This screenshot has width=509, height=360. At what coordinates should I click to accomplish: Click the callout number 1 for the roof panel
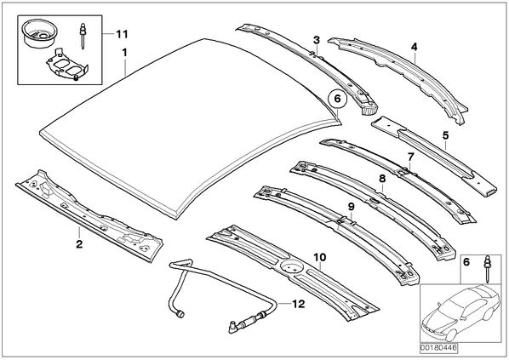124,53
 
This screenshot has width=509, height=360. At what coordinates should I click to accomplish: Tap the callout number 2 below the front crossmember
79,243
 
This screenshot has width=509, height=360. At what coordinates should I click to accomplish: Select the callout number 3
317,40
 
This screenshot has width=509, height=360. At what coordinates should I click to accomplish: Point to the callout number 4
414,47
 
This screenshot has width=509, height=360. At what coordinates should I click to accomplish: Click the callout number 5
445,135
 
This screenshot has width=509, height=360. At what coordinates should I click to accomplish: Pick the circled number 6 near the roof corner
338,98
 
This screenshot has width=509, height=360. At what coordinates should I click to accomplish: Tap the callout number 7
411,157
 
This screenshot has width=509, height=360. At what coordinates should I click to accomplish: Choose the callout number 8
382,178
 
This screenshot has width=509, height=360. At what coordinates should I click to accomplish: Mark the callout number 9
351,207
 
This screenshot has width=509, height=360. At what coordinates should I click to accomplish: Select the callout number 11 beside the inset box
122,34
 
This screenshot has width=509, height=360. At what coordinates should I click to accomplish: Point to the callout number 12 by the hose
299,304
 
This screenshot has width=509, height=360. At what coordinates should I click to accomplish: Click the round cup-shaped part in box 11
38,33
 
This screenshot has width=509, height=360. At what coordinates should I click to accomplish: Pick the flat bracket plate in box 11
66,65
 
